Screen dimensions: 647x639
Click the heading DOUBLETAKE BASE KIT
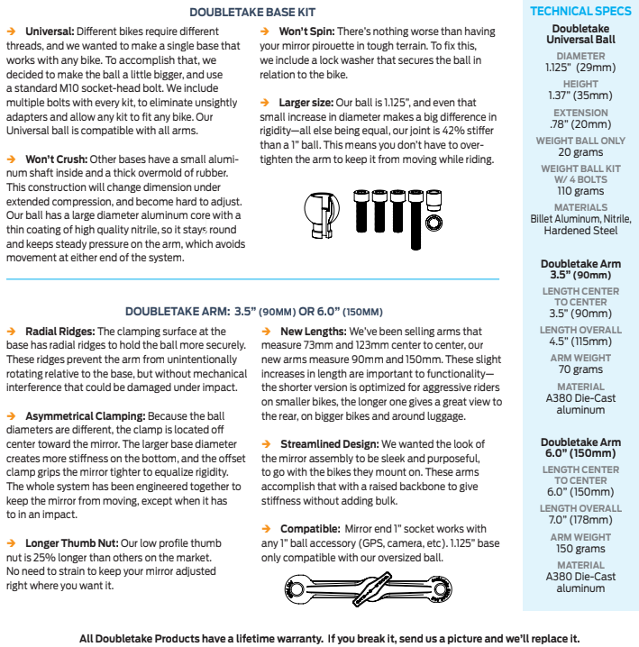tap(253, 12)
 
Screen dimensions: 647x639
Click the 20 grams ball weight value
tap(580, 152)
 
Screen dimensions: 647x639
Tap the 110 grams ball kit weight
tap(580, 191)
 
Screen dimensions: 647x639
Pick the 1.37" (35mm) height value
tap(580, 95)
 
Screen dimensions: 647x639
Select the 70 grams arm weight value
tap(580, 369)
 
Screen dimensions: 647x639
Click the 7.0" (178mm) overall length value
tap(580, 521)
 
